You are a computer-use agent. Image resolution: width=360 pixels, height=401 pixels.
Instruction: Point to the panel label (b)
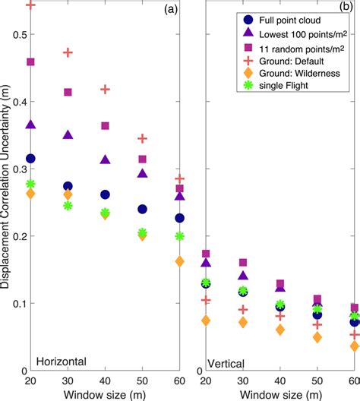click(x=344, y=9)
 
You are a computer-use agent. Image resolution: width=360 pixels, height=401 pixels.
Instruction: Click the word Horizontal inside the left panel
click(x=61, y=360)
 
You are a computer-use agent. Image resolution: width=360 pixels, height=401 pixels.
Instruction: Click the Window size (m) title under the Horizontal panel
click(x=104, y=394)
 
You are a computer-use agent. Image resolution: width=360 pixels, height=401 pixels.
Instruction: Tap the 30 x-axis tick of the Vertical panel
click(x=242, y=380)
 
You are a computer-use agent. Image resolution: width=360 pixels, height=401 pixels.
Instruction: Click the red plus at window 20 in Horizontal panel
click(x=31, y=5)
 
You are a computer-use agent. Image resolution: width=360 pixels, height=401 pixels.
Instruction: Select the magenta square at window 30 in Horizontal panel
click(x=68, y=92)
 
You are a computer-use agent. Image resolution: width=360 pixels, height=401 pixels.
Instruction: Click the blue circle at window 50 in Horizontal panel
click(x=142, y=209)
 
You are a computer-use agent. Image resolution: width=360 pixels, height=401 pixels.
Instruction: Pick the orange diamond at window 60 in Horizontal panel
click(x=179, y=261)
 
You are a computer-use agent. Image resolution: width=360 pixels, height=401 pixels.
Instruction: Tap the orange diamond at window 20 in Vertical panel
click(x=205, y=320)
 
